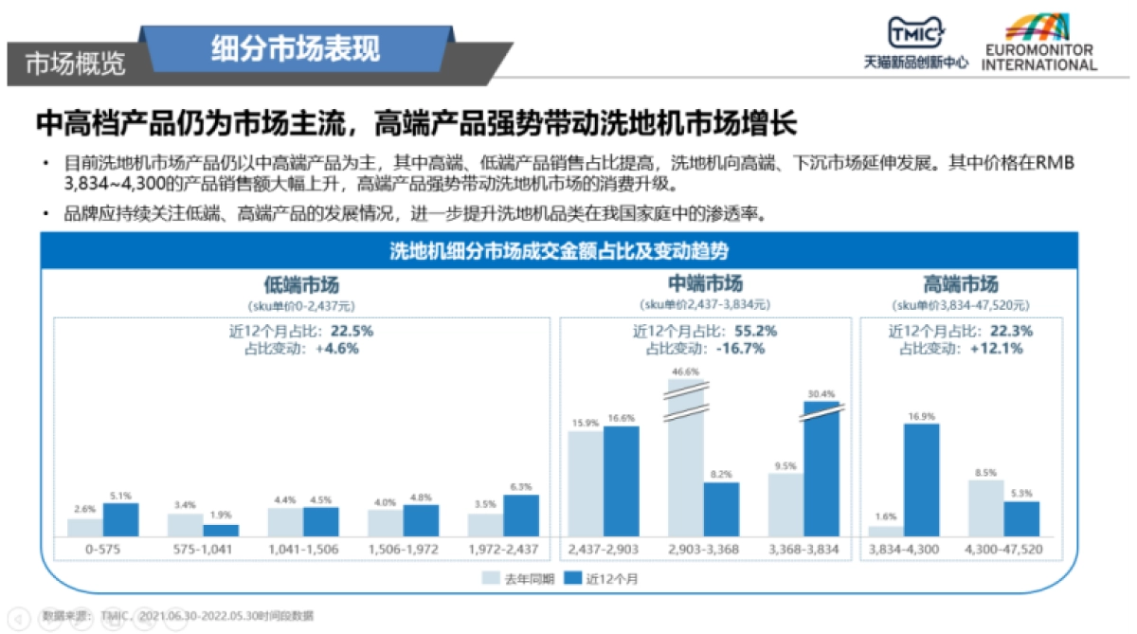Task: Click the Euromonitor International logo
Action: [1038, 43]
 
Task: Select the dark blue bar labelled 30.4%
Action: [821, 468]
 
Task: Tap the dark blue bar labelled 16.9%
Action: [922, 480]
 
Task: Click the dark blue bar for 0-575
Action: [120, 518]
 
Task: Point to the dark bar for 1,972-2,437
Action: [520, 515]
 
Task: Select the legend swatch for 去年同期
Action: [490, 577]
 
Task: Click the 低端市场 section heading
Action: [300, 285]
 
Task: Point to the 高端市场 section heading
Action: [960, 285]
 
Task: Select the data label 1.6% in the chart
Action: [885, 516]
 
